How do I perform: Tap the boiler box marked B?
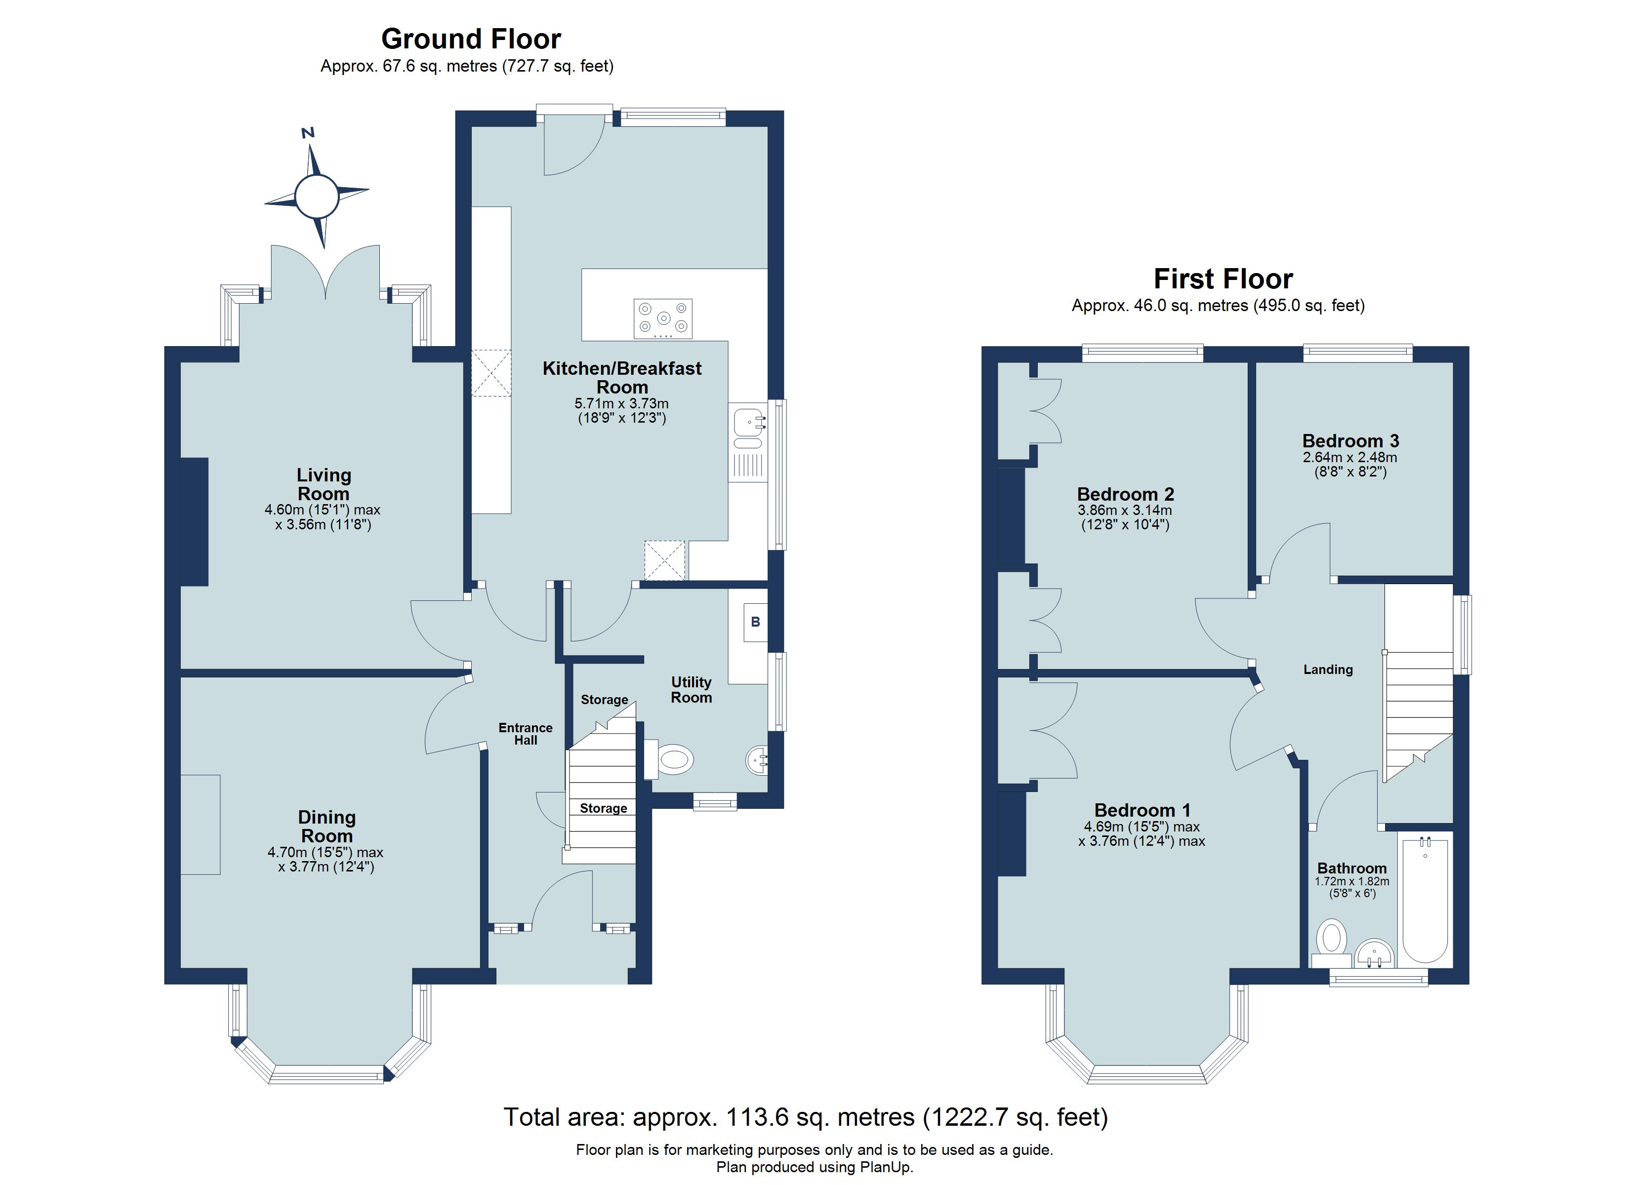pyautogui.click(x=755, y=622)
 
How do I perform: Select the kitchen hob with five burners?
pyautogui.click(x=663, y=319)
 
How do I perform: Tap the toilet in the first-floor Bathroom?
pyautogui.click(x=1332, y=942)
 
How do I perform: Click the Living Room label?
pyautogui.click(x=324, y=484)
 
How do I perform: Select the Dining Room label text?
pyautogui.click(x=326, y=827)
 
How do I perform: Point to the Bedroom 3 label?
pyautogui.click(x=1350, y=440)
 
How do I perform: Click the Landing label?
pyautogui.click(x=1327, y=670)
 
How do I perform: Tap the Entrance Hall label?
pyautogui.click(x=526, y=734)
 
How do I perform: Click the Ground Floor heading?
pyautogui.click(x=471, y=39)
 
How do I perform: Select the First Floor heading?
pyautogui.click(x=1223, y=279)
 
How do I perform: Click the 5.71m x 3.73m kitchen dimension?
pyautogui.click(x=622, y=404)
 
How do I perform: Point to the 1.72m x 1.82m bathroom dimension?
pyautogui.click(x=1351, y=882)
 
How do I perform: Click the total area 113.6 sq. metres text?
pyautogui.click(x=805, y=1117)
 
